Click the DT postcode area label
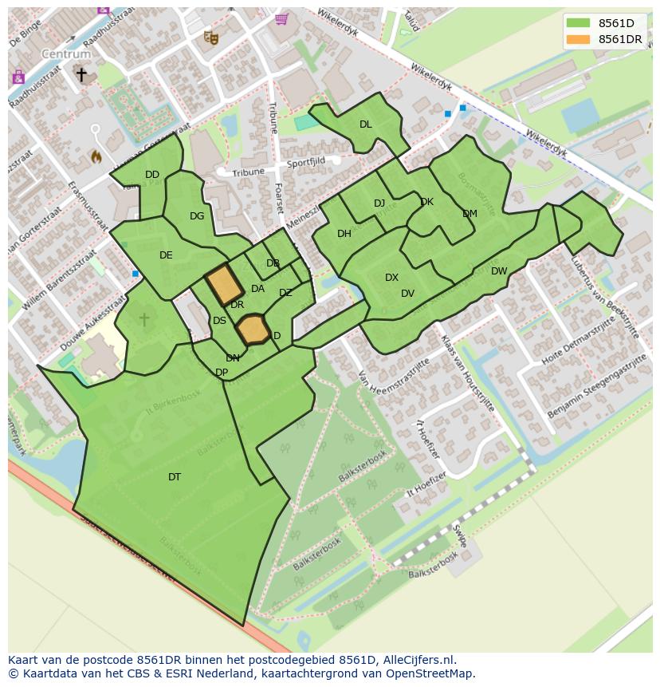pos(174,477)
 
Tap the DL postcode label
pos(365,124)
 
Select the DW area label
pos(499,271)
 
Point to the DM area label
pos(469,214)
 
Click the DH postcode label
pos(344,234)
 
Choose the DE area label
pos(166,255)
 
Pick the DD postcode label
pos(152,175)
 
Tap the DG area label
pos(197,216)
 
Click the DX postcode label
pos(391,278)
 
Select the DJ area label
pos(379,203)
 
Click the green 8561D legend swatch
pos(579,23)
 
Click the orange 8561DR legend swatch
pos(579,39)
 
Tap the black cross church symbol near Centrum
pos(81,74)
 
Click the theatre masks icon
pos(210,37)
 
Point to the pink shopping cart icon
pos(281,18)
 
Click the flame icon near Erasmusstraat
pos(96,156)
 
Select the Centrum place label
pos(67,54)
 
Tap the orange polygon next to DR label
pos(224,284)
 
